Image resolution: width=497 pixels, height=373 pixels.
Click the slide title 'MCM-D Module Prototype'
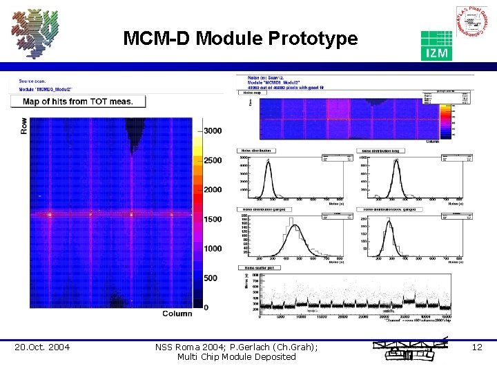click(x=240, y=39)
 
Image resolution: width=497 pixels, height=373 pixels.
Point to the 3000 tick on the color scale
click(x=212, y=131)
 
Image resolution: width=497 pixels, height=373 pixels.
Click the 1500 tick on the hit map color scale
click(x=212, y=219)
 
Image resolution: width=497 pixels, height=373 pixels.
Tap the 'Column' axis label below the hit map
click(x=177, y=314)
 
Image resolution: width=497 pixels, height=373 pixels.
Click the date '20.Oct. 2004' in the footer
click(x=42, y=347)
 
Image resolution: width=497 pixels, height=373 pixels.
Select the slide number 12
click(x=477, y=347)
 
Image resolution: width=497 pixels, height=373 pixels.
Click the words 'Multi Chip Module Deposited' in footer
click(x=236, y=357)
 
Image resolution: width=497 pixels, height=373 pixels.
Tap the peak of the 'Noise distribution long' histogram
click(x=396, y=163)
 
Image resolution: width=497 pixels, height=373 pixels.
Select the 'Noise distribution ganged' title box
click(x=266, y=209)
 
